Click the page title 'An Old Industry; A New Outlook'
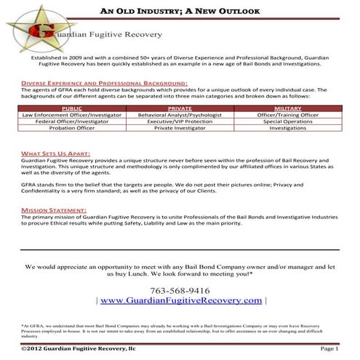tap(181, 12)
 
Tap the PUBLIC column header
tap(73, 108)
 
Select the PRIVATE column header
tap(180, 108)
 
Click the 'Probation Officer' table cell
tap(73, 128)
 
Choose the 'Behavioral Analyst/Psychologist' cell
tap(180, 114)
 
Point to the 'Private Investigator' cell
tap(180, 128)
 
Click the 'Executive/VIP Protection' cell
tap(180, 121)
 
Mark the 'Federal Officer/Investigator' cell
tap(73, 121)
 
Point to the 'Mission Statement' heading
tap(51, 209)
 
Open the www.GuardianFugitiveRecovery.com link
tap(181, 300)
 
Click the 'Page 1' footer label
tap(329, 350)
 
